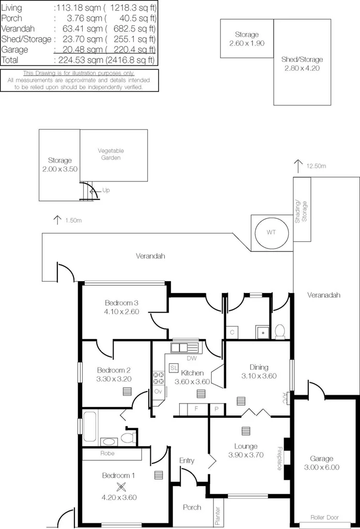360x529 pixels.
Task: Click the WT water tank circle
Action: point(271,232)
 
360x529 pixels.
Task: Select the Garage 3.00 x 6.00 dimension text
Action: point(321,468)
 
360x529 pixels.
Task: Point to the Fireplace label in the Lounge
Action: point(279,458)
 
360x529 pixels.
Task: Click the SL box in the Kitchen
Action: point(174,367)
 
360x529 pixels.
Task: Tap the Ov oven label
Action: point(158,392)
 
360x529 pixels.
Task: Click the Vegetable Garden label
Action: point(111,154)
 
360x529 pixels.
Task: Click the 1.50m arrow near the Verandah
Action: point(57,220)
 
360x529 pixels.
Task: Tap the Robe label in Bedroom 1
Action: point(108,454)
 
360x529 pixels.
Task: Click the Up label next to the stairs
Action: point(106,190)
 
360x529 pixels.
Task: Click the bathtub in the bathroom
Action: point(90,426)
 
